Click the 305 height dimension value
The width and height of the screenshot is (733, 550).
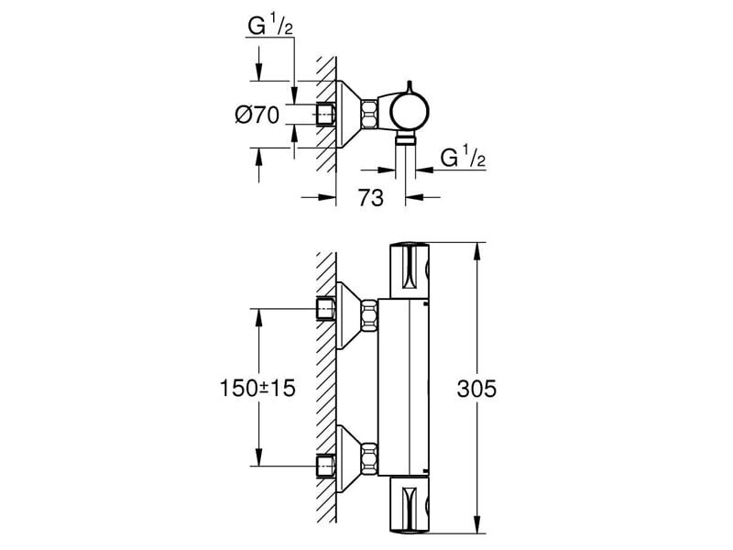[477, 390]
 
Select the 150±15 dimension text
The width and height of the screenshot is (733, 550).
[257, 390]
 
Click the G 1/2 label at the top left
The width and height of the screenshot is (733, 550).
[270, 28]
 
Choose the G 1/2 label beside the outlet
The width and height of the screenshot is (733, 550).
[463, 158]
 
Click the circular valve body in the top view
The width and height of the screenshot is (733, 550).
[409, 113]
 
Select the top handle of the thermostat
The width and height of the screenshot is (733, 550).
[410, 270]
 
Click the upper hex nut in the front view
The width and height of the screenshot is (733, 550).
[369, 314]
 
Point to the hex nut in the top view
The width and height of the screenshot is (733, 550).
[368, 114]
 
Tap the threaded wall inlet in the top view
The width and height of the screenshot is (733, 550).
[324, 115]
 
